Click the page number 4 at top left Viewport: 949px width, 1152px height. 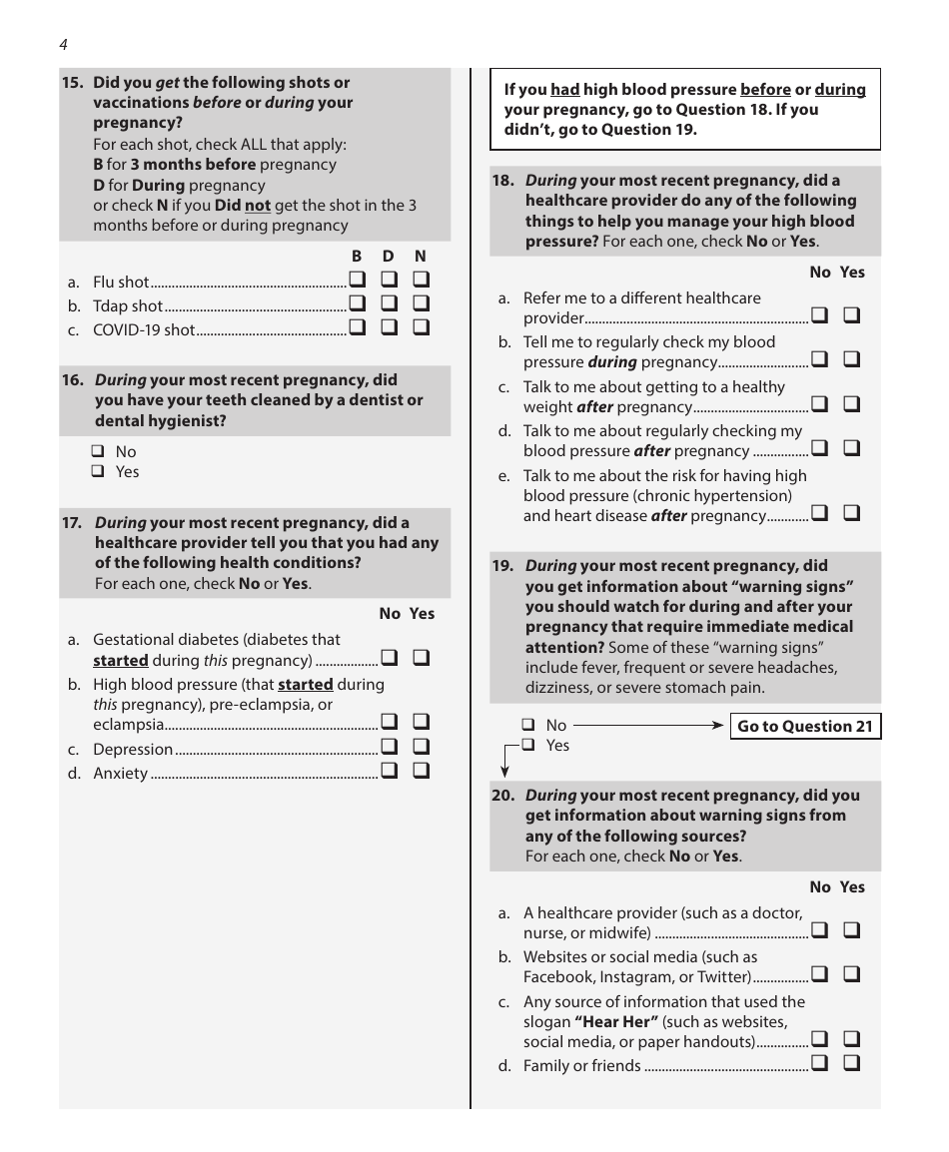(63, 45)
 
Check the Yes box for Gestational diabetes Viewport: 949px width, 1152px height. (421, 658)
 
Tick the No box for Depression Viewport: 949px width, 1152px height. (389, 747)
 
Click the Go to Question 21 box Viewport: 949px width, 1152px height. (804, 727)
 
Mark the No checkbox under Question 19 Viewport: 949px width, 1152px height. (528, 726)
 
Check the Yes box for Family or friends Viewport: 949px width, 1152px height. (851, 1063)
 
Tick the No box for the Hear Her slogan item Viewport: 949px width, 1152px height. (819, 1040)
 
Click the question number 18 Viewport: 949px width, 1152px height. (503, 181)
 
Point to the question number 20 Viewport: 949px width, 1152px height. (503, 796)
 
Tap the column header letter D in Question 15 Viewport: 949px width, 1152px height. (389, 257)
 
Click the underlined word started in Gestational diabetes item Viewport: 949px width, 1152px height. (121, 660)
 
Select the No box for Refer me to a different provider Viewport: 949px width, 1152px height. (819, 315)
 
